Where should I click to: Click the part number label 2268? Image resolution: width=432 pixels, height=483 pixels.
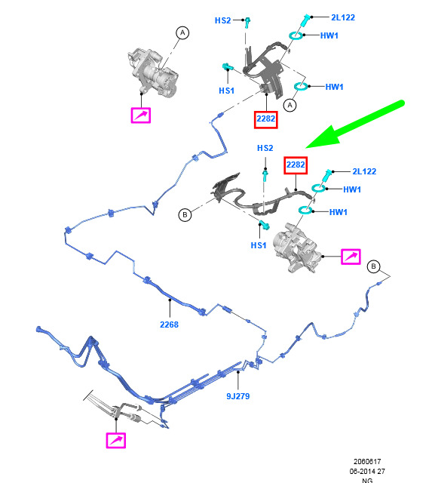pyautogui.click(x=169, y=325)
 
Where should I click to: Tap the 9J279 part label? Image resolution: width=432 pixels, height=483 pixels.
pyautogui.click(x=237, y=396)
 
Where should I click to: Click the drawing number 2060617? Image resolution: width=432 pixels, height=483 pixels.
pyautogui.click(x=367, y=461)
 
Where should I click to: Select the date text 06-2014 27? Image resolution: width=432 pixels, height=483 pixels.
pyautogui.click(x=367, y=471)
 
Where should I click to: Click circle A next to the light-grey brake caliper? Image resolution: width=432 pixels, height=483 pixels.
pyautogui.click(x=182, y=32)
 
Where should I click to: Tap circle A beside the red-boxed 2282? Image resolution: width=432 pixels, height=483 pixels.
pyautogui.click(x=290, y=106)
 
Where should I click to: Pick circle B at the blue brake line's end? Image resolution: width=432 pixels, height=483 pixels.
pyautogui.click(x=373, y=266)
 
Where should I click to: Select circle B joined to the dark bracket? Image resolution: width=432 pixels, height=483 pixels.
pyautogui.click(x=185, y=214)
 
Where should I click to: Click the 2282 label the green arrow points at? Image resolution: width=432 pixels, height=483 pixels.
pyautogui.click(x=296, y=165)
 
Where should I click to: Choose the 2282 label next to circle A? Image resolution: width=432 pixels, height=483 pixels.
pyautogui.click(x=266, y=119)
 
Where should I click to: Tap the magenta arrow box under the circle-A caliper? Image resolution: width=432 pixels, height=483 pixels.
pyautogui.click(x=141, y=115)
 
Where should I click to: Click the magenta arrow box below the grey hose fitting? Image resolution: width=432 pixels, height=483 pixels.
pyautogui.click(x=115, y=440)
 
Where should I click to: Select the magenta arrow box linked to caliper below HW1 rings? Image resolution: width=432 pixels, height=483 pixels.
pyautogui.click(x=351, y=257)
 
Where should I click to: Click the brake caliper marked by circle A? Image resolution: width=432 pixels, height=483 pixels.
pyautogui.click(x=153, y=73)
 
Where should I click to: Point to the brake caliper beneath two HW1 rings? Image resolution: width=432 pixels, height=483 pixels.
pyautogui.click(x=296, y=248)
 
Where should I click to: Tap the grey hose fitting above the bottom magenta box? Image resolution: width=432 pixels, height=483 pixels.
pyautogui.click(x=127, y=412)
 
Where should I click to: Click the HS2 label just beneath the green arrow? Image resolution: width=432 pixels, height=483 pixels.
pyautogui.click(x=265, y=148)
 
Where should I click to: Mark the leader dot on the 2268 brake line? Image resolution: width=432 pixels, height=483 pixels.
pyautogui.click(x=170, y=300)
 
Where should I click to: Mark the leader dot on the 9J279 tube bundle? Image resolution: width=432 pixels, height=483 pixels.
pyautogui.click(x=237, y=372)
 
